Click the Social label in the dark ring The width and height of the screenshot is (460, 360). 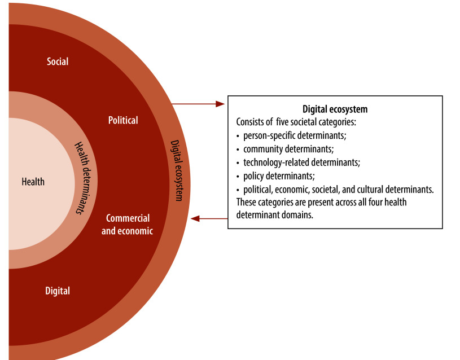pyautogui.click(x=58, y=62)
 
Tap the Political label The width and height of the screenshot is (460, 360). pyautogui.click(x=123, y=120)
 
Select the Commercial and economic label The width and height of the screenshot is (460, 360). pyautogui.click(x=127, y=225)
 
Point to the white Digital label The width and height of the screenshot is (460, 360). pyautogui.click(x=58, y=291)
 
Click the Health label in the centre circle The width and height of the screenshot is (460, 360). pyautogui.click(x=33, y=182)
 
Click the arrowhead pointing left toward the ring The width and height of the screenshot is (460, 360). pyautogui.click(x=196, y=218)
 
